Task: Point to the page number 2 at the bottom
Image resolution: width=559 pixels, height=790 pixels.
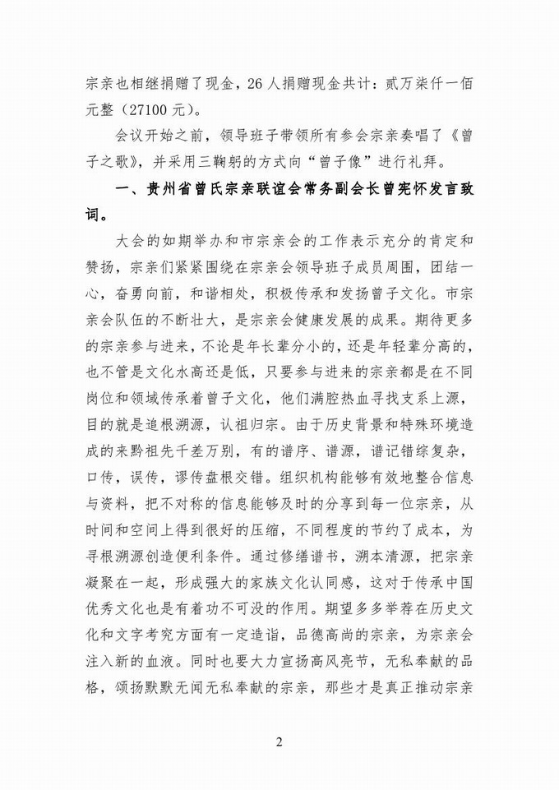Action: tap(279, 742)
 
